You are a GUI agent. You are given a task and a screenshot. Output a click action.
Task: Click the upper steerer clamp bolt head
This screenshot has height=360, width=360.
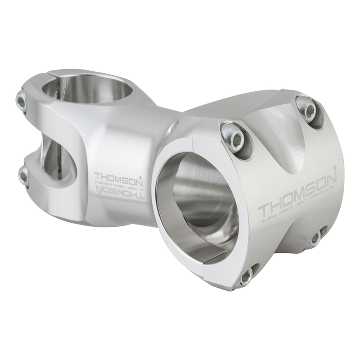click(x=22, y=101)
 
